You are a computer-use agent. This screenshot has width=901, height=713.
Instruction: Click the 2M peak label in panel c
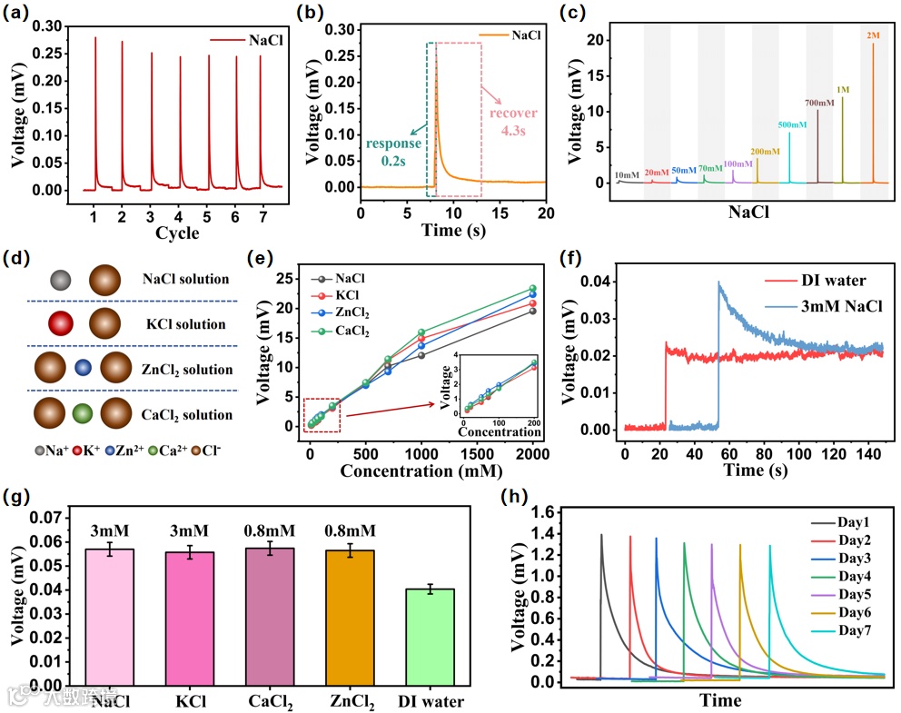pos(874,35)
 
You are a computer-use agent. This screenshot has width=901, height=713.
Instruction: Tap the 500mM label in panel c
pos(791,124)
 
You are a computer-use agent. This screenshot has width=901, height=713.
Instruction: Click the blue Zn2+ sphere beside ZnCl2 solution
pos(83,370)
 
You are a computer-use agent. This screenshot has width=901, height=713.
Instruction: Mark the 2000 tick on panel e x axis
pos(532,453)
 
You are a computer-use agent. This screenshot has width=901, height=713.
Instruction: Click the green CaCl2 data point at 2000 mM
pos(533,289)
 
